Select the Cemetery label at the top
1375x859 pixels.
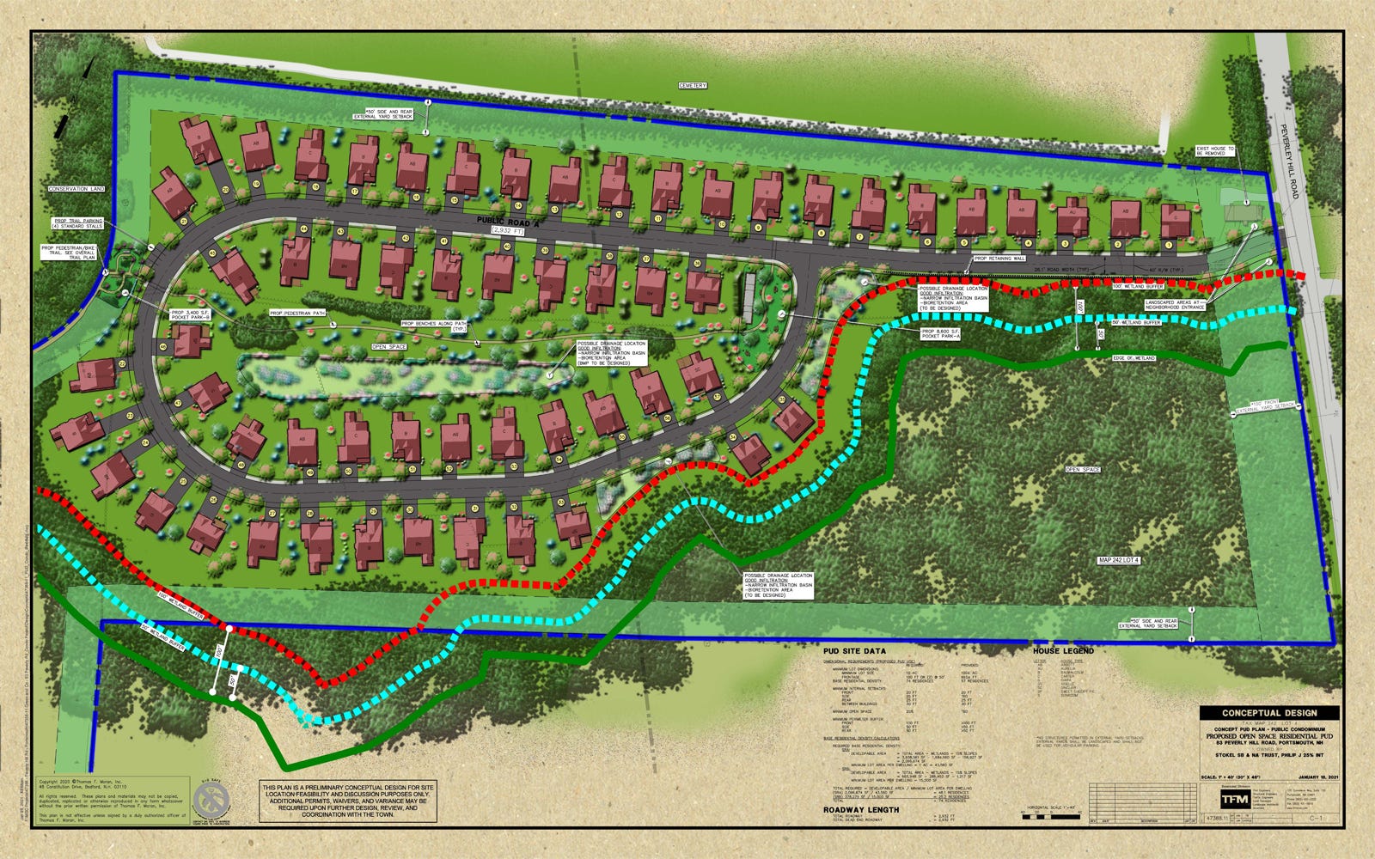click(x=693, y=86)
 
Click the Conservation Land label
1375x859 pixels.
click(x=76, y=189)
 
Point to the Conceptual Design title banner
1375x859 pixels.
click(x=1269, y=713)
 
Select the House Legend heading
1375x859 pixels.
click(x=1063, y=651)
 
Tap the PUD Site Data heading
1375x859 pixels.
click(x=854, y=651)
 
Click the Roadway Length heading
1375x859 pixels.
click(x=861, y=809)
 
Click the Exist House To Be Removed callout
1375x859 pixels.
click(x=1214, y=152)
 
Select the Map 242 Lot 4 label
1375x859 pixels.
click(x=1118, y=560)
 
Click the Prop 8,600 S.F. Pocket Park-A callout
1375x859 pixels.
click(x=945, y=334)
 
